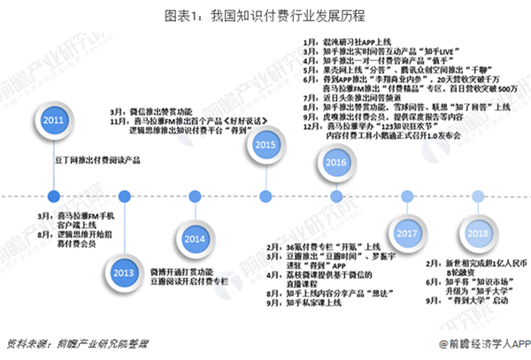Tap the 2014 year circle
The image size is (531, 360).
tap(195, 238)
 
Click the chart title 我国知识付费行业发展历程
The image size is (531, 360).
tap(265, 15)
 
